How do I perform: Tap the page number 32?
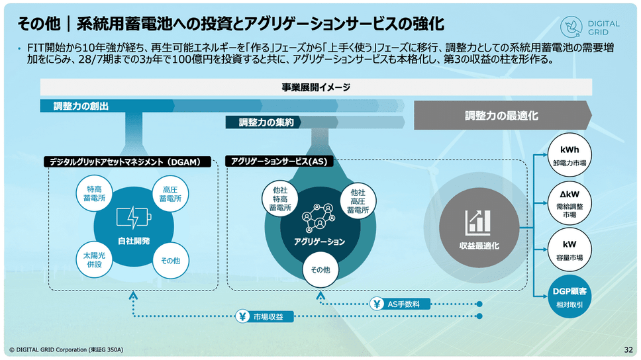click(628, 349)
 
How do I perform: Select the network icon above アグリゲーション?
click(319, 217)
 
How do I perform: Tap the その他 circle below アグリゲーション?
click(320, 270)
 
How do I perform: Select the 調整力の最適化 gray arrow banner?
click(502, 116)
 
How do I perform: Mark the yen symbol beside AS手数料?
click(377, 304)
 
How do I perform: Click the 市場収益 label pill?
click(264, 317)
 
